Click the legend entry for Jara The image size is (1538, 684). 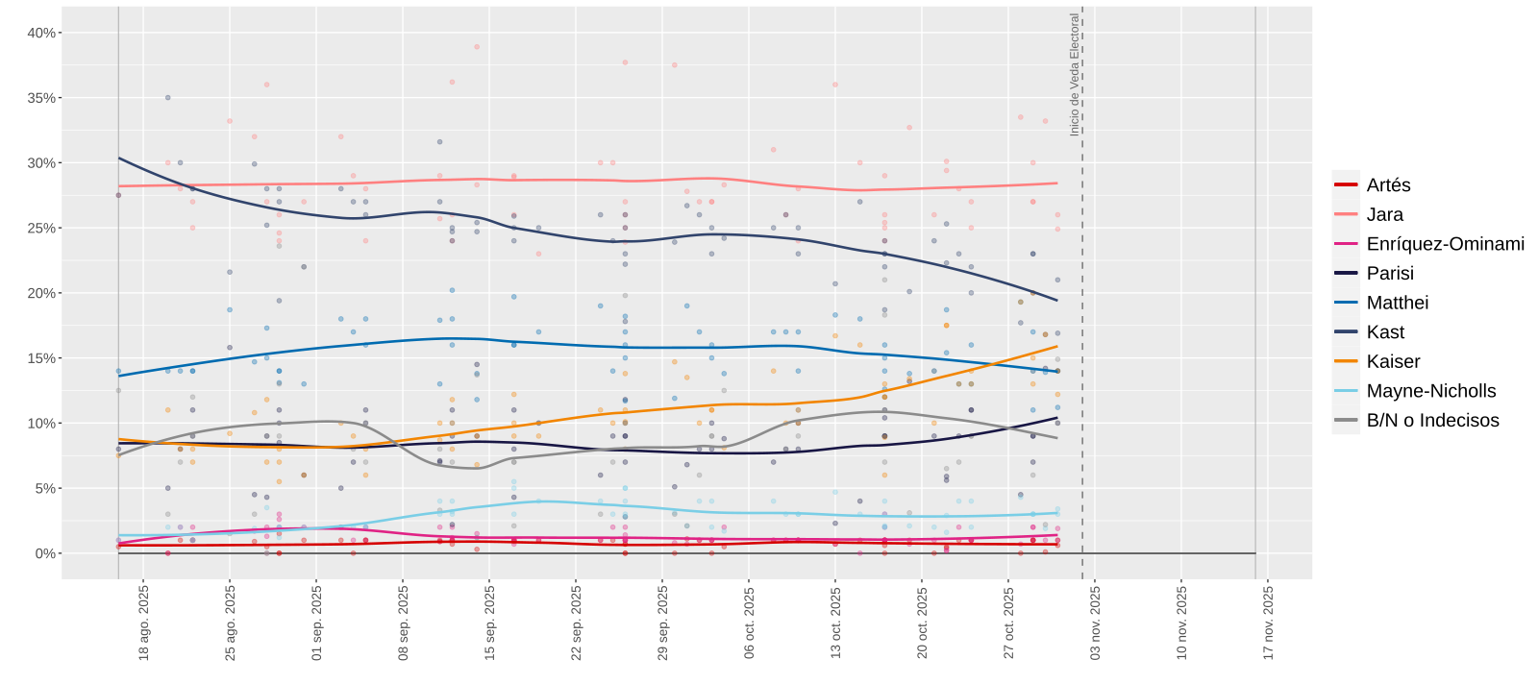(1384, 214)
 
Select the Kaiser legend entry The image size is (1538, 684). (1393, 361)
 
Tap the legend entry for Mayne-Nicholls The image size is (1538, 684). (1430, 391)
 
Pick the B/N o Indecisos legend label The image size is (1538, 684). (1432, 420)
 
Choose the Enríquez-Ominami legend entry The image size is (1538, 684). (1445, 244)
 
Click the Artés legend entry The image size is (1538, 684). (1388, 185)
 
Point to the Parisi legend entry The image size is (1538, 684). (1390, 273)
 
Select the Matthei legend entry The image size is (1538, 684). (1397, 303)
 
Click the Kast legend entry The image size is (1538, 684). (1385, 332)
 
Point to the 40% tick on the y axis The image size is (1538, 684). (41, 33)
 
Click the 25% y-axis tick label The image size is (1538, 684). (41, 228)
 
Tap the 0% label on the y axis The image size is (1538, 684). (45, 553)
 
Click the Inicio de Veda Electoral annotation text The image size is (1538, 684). (1075, 75)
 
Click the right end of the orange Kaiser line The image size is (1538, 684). (1057, 346)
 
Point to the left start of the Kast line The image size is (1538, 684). (119, 158)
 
